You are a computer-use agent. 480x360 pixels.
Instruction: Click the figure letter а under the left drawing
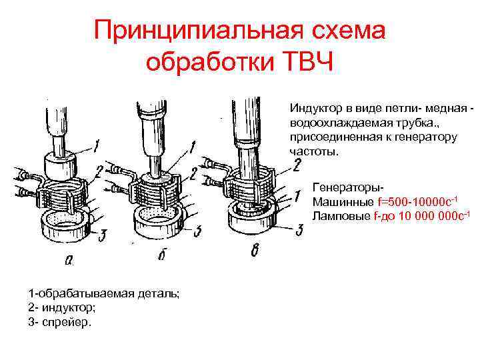coord(69,260)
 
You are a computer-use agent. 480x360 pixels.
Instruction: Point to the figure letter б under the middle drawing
coord(162,253)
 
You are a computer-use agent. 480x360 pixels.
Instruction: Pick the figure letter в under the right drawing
coord(255,251)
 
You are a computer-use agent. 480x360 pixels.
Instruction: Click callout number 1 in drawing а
coord(96,146)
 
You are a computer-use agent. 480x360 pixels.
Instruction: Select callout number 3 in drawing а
coord(102,236)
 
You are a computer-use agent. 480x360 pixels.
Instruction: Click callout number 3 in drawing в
coord(299,230)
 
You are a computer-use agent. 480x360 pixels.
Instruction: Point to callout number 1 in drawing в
coord(297,196)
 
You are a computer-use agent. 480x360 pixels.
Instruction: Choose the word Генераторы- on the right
coord(348,187)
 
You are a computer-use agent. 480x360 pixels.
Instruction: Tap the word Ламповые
coord(341,216)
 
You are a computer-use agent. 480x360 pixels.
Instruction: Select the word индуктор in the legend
coord(69,307)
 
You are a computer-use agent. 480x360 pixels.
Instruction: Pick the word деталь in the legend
coord(158,293)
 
